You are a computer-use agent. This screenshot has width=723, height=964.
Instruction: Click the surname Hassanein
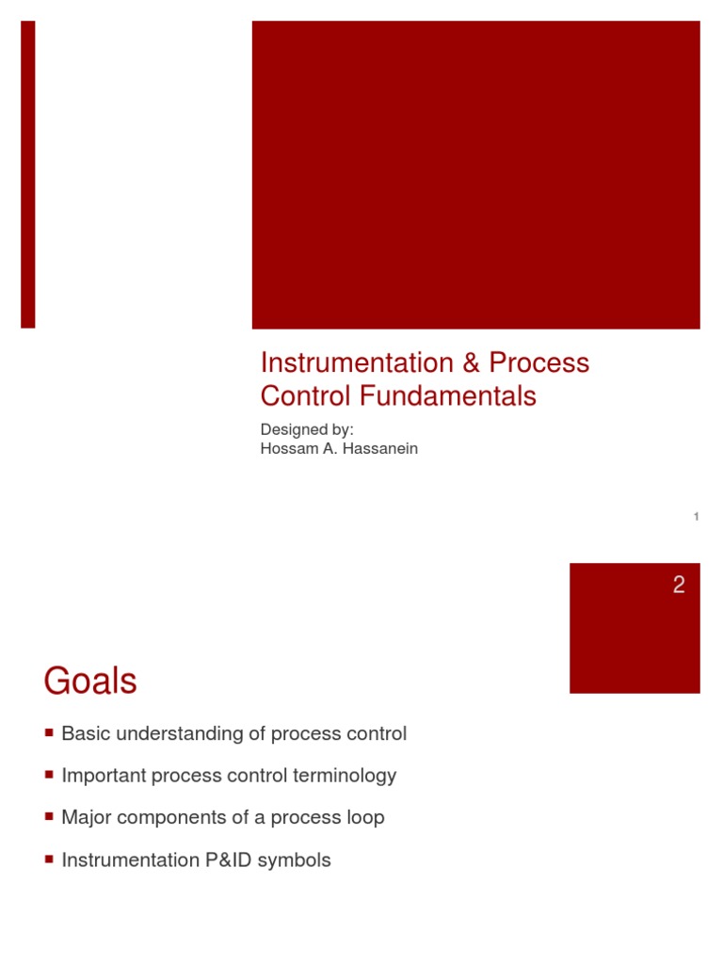378,448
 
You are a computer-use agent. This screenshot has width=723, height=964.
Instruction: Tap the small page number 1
696,516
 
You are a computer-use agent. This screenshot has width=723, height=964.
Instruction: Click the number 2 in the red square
679,586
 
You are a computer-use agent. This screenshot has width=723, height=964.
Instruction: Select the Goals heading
90,682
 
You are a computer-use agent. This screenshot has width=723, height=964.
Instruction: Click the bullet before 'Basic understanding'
49,731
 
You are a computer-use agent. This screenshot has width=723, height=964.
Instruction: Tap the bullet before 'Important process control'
49,774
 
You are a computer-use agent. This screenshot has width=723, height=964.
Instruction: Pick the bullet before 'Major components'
49,816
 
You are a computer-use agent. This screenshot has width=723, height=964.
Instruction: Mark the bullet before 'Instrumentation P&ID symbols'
49,859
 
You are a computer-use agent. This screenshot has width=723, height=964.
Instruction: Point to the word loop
365,817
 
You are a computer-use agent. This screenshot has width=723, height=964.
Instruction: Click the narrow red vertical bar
28,174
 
